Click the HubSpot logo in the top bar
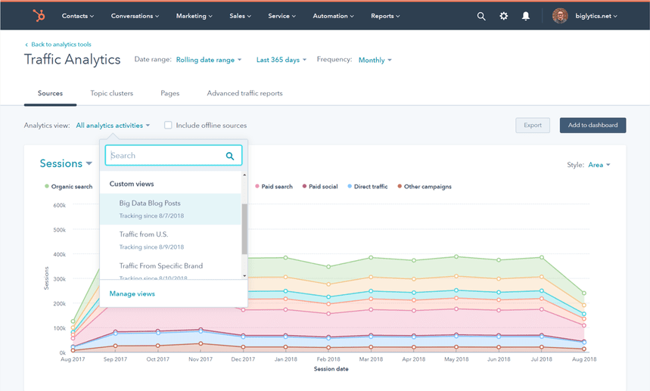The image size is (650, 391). [x=38, y=16]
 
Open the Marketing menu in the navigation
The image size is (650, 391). [x=194, y=16]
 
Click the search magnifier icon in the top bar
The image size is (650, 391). [x=481, y=16]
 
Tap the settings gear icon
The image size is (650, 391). [x=503, y=16]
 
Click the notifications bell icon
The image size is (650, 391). [x=526, y=16]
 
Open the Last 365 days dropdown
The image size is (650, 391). [x=281, y=60]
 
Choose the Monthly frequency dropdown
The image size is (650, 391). [x=375, y=60]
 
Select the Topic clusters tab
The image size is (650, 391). [x=111, y=93]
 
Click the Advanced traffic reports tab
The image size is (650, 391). [x=244, y=93]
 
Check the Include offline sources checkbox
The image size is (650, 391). [x=168, y=126]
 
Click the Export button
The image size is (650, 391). [x=533, y=126]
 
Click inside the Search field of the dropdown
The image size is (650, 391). [x=166, y=156]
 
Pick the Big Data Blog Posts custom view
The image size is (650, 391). [x=150, y=203]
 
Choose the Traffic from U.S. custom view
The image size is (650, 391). [x=144, y=234]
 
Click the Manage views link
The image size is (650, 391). [x=132, y=293]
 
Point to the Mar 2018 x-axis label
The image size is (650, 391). [x=371, y=360]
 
